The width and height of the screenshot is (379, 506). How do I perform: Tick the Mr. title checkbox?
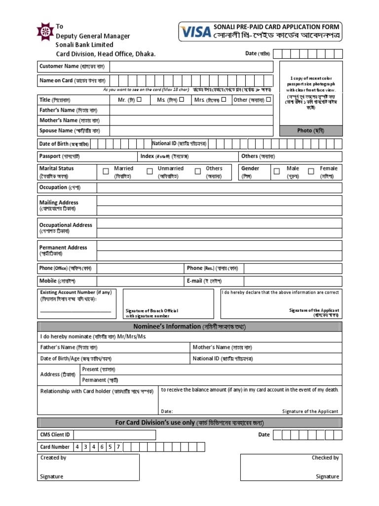click(x=139, y=99)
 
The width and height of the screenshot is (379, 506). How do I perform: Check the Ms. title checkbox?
click(x=182, y=99)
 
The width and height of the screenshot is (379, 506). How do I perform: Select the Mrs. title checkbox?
click(x=224, y=99)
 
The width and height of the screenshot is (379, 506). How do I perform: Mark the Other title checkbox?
click(x=268, y=99)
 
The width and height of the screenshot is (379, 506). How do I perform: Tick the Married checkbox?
click(x=106, y=171)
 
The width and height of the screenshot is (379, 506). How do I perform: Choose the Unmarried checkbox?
click(x=150, y=171)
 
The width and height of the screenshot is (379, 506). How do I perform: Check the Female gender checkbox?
click(x=311, y=171)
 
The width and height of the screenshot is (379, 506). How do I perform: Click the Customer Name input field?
click(x=191, y=66)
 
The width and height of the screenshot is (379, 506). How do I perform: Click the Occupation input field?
click(x=219, y=187)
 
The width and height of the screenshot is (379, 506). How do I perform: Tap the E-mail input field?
click(x=293, y=281)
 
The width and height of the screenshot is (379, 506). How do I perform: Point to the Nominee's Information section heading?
click(x=189, y=327)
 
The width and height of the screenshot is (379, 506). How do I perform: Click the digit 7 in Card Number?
click(x=118, y=447)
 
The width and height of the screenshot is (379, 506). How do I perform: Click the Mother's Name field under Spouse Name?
click(x=191, y=120)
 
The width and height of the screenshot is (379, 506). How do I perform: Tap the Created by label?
click(x=53, y=458)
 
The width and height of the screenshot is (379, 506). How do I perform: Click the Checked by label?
click(x=325, y=458)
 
